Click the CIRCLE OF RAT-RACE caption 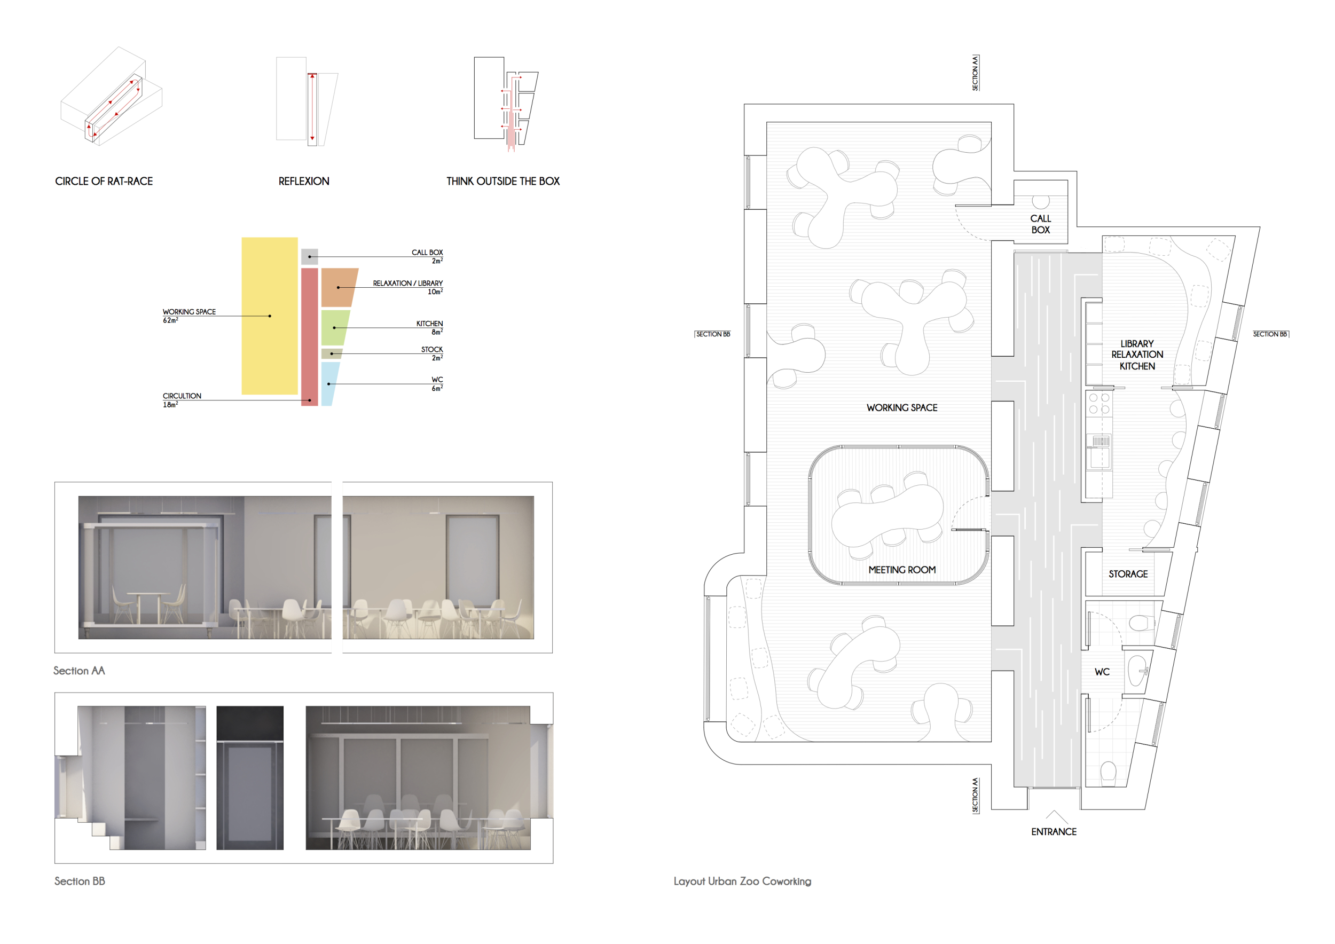[104, 182]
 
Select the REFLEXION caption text [303, 182]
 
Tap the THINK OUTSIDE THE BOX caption [503, 182]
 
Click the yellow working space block [270, 316]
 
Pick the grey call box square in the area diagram [309, 256]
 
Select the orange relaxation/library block [339, 287]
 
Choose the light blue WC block [329, 384]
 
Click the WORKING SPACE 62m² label [189, 316]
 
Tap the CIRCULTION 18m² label [182, 400]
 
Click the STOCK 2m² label [432, 353]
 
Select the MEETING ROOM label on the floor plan [902, 570]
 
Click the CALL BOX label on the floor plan [1041, 224]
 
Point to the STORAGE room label [1128, 574]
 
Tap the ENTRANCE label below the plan [1054, 832]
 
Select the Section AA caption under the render [79, 671]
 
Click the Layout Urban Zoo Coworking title [742, 881]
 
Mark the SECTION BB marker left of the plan [713, 334]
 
